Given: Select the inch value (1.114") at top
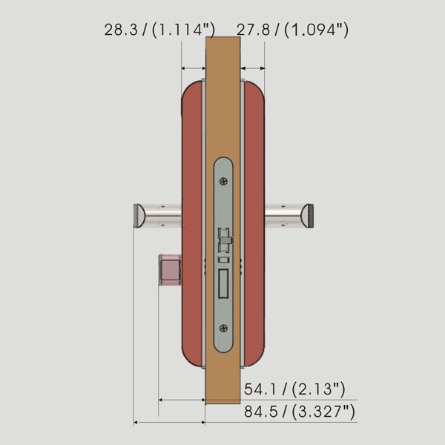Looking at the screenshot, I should tap(181, 30).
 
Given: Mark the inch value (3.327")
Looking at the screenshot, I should tap(321, 412).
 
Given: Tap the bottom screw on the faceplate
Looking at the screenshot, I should tap(223, 327).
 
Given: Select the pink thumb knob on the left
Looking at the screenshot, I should tap(170, 270).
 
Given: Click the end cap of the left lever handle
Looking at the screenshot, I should tap(137, 215).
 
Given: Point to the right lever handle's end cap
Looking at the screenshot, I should tap(308, 215).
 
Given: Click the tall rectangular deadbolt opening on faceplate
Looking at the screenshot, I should tap(223, 284).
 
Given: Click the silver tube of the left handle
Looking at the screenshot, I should tap(162, 215).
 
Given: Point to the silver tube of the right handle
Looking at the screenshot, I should tap(283, 215).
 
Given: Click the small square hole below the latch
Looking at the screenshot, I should tap(223, 260).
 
